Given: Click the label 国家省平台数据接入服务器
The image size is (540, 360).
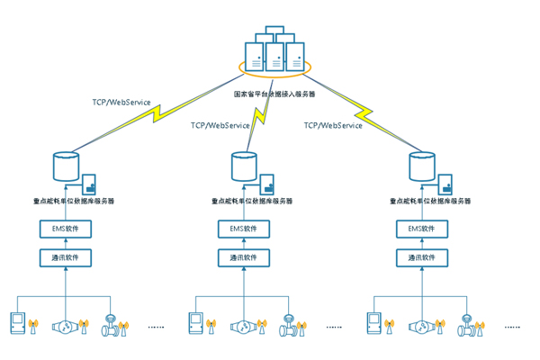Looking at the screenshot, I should tap(274, 93).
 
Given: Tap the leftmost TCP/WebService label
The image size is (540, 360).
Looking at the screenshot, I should tap(121, 102).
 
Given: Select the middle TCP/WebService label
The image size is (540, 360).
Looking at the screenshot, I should tap(220, 125).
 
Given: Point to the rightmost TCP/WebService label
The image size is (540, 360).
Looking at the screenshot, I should tap(333, 125).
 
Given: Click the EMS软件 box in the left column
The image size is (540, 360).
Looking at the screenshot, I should tap(67, 229).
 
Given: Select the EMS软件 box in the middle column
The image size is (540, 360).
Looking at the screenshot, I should tap(244, 229).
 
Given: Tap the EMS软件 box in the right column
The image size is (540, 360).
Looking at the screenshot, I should tap(422, 229).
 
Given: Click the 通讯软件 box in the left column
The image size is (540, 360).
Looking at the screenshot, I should tap(67, 258).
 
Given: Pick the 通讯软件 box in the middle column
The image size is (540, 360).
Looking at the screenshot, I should tap(244, 258).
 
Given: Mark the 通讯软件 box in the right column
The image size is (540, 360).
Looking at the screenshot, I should tap(422, 258).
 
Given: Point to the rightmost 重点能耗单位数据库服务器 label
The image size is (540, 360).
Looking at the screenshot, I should tap(429, 202).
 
